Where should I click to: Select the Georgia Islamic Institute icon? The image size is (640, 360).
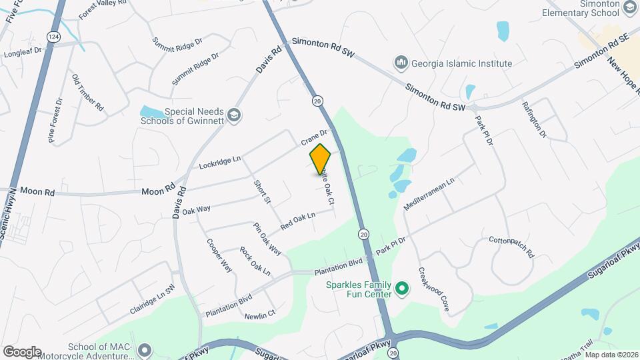tap(401, 63)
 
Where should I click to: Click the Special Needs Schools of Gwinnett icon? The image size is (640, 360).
tap(233, 115)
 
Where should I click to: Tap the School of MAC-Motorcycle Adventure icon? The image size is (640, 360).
tap(145, 349)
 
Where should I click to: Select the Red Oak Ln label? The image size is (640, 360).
tap(297, 221)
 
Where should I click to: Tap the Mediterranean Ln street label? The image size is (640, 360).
tap(429, 194)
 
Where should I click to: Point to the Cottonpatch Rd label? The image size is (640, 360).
tap(512, 247)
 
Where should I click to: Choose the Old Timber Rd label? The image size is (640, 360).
tap(88, 92)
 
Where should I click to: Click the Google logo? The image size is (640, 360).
tap(22, 351)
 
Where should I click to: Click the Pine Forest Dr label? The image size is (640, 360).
tap(55, 121)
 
